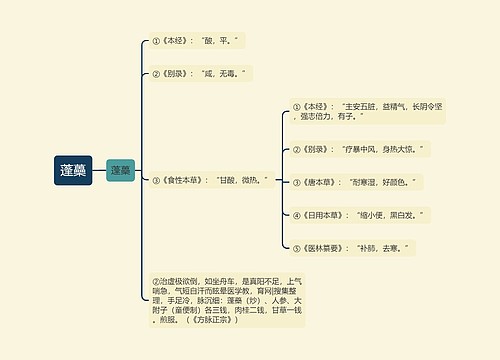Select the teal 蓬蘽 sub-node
point(120,171)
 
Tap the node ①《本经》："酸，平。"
point(197,41)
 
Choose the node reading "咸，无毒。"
point(200,73)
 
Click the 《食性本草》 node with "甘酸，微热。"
point(210,181)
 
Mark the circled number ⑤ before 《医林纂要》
point(297,246)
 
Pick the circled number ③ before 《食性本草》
point(155,181)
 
